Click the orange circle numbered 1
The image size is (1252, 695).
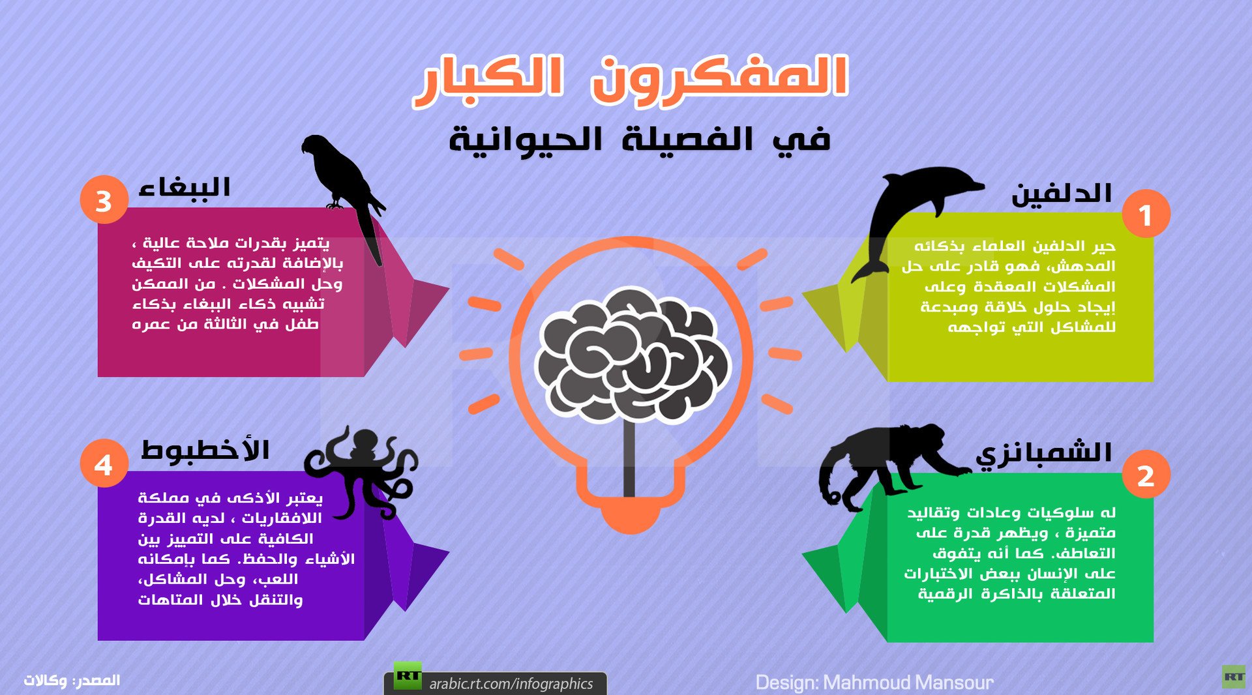pyautogui.click(x=1146, y=214)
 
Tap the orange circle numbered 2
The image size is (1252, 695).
pyautogui.click(x=1146, y=475)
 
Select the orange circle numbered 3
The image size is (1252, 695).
pyautogui.click(x=104, y=200)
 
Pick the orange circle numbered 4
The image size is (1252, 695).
pyautogui.click(x=104, y=464)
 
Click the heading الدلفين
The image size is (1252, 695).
pyautogui.click(x=1061, y=194)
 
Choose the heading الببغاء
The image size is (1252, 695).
pyautogui.click(x=185, y=188)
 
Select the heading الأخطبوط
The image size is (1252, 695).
pyautogui.click(x=205, y=450)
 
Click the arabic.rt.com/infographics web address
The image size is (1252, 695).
pyautogui.click(x=511, y=683)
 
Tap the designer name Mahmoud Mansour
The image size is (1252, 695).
pyautogui.click(x=908, y=683)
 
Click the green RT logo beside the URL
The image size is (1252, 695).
pyautogui.click(x=408, y=676)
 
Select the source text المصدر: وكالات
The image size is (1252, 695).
pyautogui.click(x=72, y=681)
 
